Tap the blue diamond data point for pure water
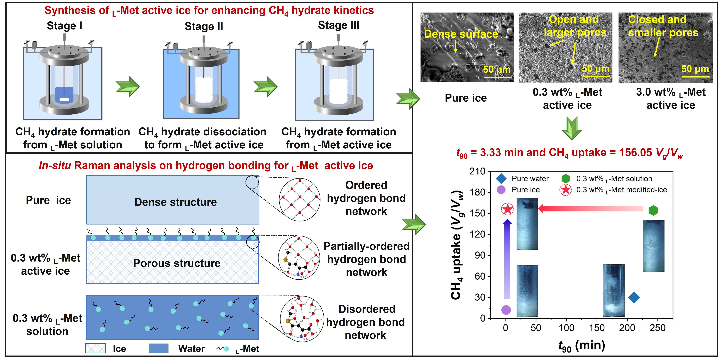tap(634, 298)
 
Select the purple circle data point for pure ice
tap(506, 310)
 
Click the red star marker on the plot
tap(507, 209)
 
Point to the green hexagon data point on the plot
tap(653, 210)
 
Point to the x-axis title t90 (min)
tap(582, 346)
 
